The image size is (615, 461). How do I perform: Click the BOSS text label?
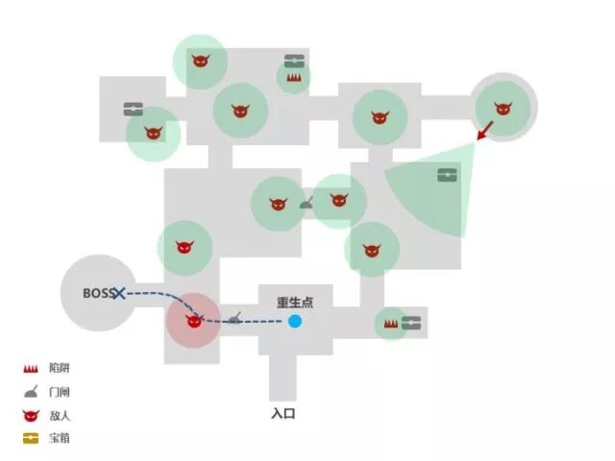point(97,293)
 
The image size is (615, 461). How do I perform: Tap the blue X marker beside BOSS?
point(119,293)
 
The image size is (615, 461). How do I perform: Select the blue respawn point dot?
point(295,321)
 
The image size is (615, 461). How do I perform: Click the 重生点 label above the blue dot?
point(295,302)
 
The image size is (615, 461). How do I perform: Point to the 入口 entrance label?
point(283,414)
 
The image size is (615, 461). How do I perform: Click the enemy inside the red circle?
point(194,322)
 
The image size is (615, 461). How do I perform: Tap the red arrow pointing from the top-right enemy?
point(485,130)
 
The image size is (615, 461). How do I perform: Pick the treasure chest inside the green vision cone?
point(448,175)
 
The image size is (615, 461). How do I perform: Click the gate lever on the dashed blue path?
point(234,317)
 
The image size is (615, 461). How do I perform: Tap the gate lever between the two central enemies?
point(307,203)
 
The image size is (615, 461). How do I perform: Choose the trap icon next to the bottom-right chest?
point(391,324)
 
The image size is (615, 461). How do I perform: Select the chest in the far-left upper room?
point(134,109)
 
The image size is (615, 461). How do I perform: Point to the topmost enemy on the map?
point(200,62)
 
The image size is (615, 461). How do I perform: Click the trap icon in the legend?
point(32,368)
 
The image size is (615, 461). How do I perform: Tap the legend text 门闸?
point(59,392)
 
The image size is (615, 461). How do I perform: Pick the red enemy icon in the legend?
point(32,415)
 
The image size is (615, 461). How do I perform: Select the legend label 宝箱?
point(59,438)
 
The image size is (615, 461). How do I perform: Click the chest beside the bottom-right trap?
point(412,323)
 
